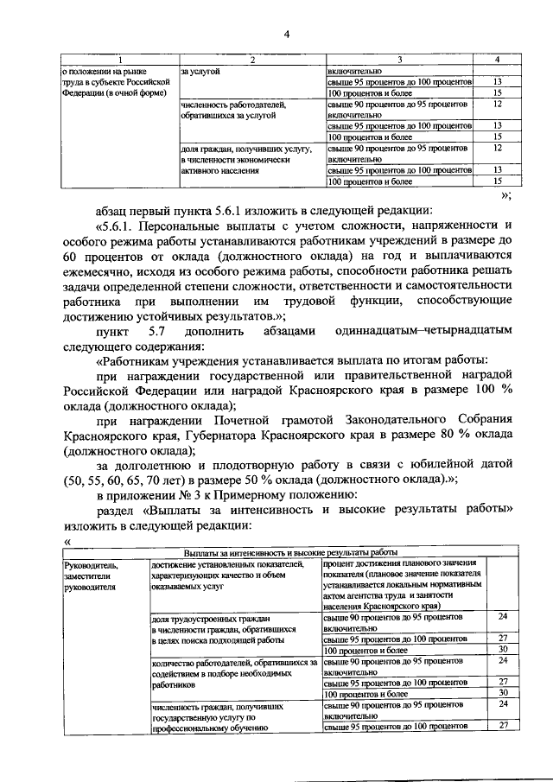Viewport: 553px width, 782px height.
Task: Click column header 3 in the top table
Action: [400, 60]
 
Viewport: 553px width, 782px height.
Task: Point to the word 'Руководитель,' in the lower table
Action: [89, 564]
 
